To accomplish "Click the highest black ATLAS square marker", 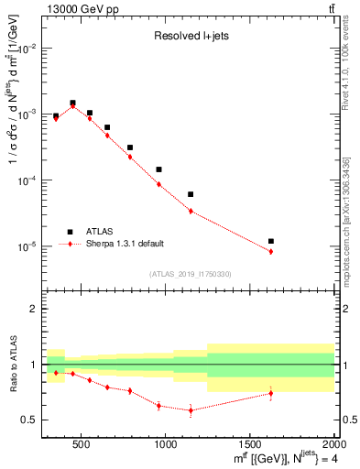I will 72,104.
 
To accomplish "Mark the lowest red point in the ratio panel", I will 191,410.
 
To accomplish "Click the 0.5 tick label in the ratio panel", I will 30,420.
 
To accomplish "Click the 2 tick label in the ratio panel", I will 35,310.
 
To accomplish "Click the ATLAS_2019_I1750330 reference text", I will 191,274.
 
